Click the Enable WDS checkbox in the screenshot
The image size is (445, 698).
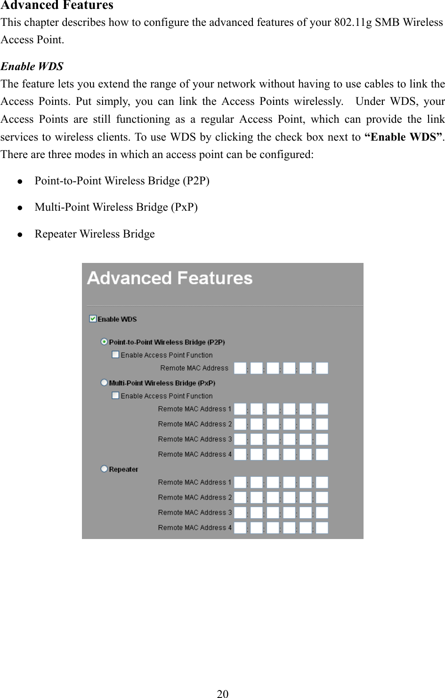(x=93, y=319)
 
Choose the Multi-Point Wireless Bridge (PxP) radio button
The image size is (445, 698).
(x=104, y=383)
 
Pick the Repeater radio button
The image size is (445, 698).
(x=104, y=469)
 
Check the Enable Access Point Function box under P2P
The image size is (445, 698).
(x=115, y=355)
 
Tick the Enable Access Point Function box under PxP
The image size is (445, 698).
(x=115, y=396)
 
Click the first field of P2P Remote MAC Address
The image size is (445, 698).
(x=240, y=368)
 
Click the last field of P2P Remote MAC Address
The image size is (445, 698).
(x=322, y=368)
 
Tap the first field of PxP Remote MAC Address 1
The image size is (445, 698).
(x=240, y=409)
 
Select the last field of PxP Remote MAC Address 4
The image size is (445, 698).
(x=322, y=454)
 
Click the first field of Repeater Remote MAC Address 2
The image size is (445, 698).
(x=240, y=498)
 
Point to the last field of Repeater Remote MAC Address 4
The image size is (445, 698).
(x=322, y=528)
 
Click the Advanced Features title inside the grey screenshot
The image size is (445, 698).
(x=170, y=278)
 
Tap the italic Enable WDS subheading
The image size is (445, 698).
(x=32, y=66)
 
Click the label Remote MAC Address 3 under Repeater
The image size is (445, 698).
(x=195, y=513)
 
